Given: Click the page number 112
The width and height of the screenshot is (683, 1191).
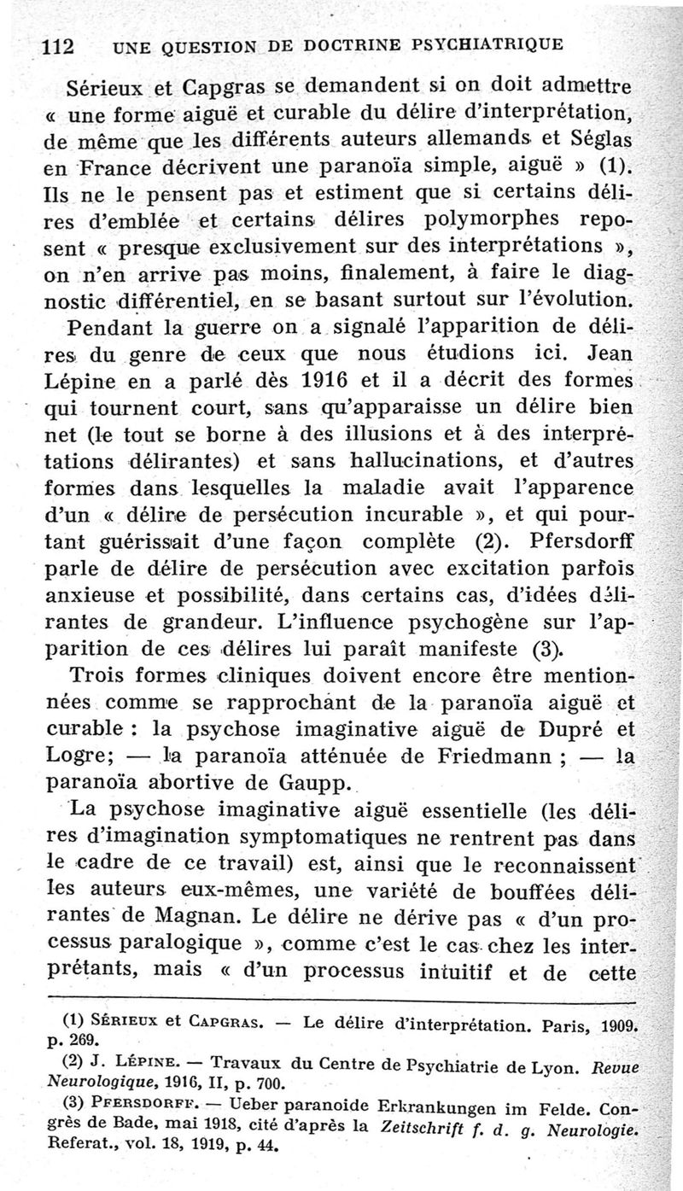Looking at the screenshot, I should pyautogui.click(x=57, y=46).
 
